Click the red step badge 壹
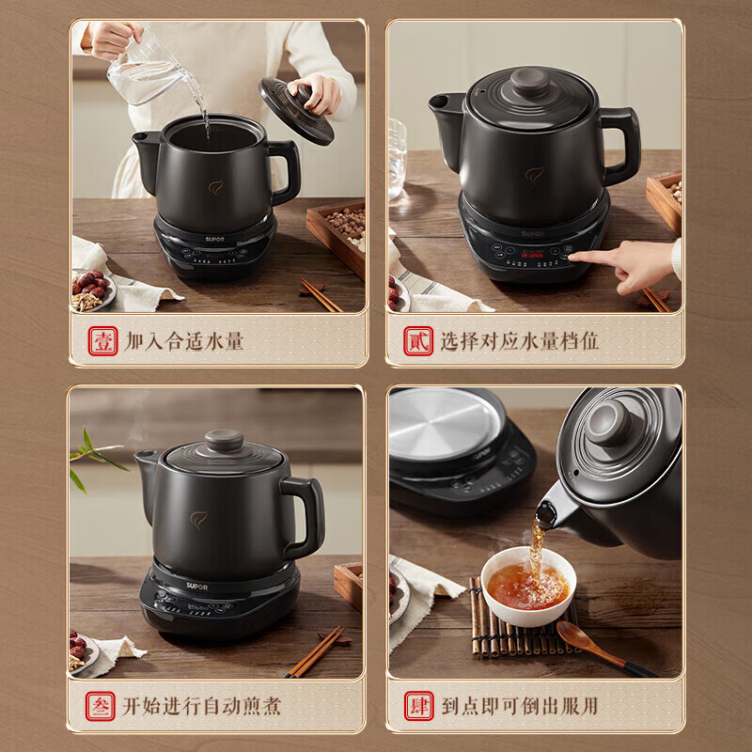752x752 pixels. pyautogui.click(x=102, y=340)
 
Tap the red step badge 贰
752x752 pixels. pyautogui.click(x=418, y=340)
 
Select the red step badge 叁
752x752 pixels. pyautogui.click(x=102, y=705)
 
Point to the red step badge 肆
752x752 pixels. pyautogui.click(x=418, y=705)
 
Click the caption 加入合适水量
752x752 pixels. pyautogui.click(x=184, y=340)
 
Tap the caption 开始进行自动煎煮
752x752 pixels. pyautogui.click(x=203, y=705)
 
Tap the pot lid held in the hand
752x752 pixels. pyautogui.click(x=294, y=111)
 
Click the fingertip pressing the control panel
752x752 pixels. pyautogui.click(x=574, y=255)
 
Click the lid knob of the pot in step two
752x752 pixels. pyautogui.click(x=531, y=82)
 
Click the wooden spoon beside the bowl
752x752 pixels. pyautogui.click(x=602, y=646)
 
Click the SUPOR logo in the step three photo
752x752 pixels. pyautogui.click(x=169, y=585)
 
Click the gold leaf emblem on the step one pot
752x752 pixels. pyautogui.click(x=215, y=187)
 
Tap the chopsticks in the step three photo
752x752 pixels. pyautogui.click(x=316, y=652)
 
